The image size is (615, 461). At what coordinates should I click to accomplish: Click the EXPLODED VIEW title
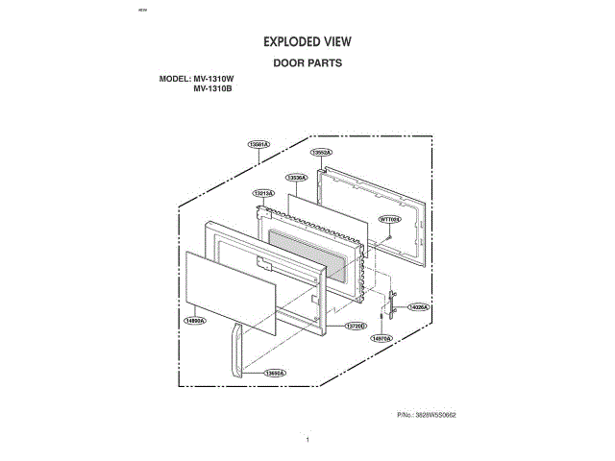pos(307,42)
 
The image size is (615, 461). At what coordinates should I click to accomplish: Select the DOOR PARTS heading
pos(307,63)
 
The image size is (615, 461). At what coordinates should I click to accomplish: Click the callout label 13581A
pos(258,143)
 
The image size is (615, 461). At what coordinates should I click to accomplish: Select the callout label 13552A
pos(321,152)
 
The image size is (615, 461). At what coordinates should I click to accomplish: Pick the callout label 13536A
pos(296,178)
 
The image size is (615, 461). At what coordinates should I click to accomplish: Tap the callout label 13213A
pos(263,194)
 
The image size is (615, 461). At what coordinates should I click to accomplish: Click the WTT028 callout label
pos(390,219)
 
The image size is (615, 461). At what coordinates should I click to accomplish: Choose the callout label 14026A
pos(418,306)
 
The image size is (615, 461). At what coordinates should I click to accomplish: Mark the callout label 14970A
pos(381,338)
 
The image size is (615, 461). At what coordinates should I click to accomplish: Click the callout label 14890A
pos(196,321)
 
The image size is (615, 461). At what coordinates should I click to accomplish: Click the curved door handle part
pos(234,351)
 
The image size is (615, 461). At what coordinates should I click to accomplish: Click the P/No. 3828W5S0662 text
pos(426,414)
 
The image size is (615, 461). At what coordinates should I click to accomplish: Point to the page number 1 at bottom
pos(307,439)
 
